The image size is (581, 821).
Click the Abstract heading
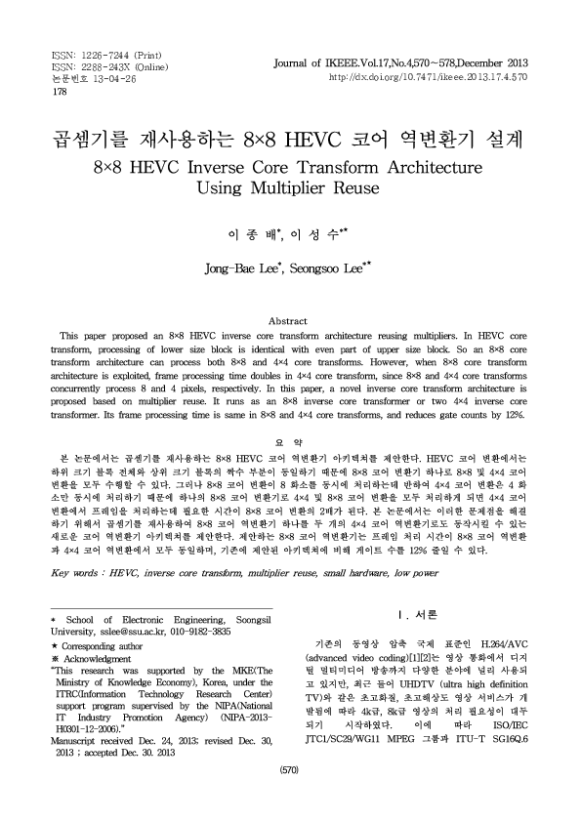click(290, 318)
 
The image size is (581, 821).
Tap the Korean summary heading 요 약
click(290, 441)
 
